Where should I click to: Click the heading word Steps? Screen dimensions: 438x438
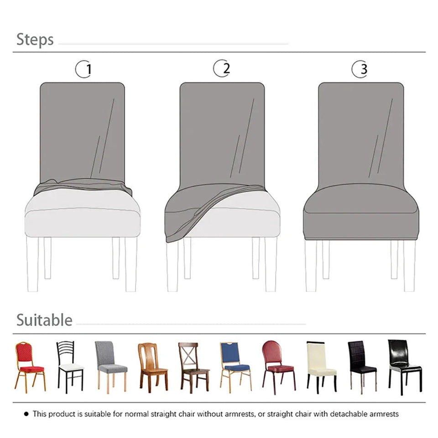pos(35,40)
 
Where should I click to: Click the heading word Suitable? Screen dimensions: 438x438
pos(44,320)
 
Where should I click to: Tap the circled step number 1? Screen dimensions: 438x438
pos(83,69)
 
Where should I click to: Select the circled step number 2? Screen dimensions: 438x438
pos(222,68)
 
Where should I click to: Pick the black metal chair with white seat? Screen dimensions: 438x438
pos(70,366)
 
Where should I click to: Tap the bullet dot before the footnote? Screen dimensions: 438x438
pos(26,414)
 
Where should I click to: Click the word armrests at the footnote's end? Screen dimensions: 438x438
pos(384,414)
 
